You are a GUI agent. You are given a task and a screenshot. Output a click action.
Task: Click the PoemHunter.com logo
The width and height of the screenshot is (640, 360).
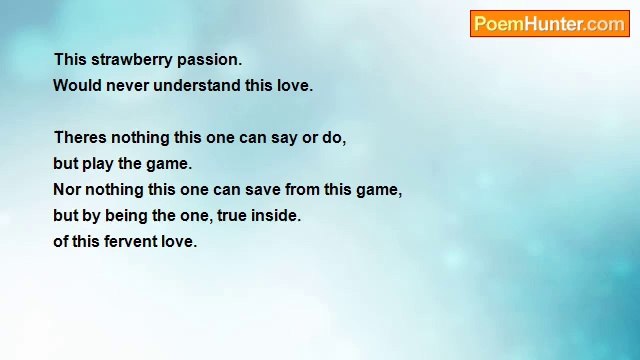[x=549, y=24]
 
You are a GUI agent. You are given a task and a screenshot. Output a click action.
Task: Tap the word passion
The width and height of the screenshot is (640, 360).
[x=208, y=60]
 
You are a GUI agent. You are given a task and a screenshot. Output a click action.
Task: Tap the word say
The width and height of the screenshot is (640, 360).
[x=284, y=138]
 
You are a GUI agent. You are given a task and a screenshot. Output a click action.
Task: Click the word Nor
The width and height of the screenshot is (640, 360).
[x=67, y=190]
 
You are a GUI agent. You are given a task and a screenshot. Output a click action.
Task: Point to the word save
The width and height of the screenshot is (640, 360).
[x=262, y=190]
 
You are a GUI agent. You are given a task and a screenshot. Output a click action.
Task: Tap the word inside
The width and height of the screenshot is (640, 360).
[x=276, y=216]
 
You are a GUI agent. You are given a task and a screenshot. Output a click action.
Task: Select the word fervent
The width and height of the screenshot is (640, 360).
[x=130, y=242]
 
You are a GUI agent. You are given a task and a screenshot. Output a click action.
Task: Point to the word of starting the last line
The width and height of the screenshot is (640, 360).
[x=61, y=242]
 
